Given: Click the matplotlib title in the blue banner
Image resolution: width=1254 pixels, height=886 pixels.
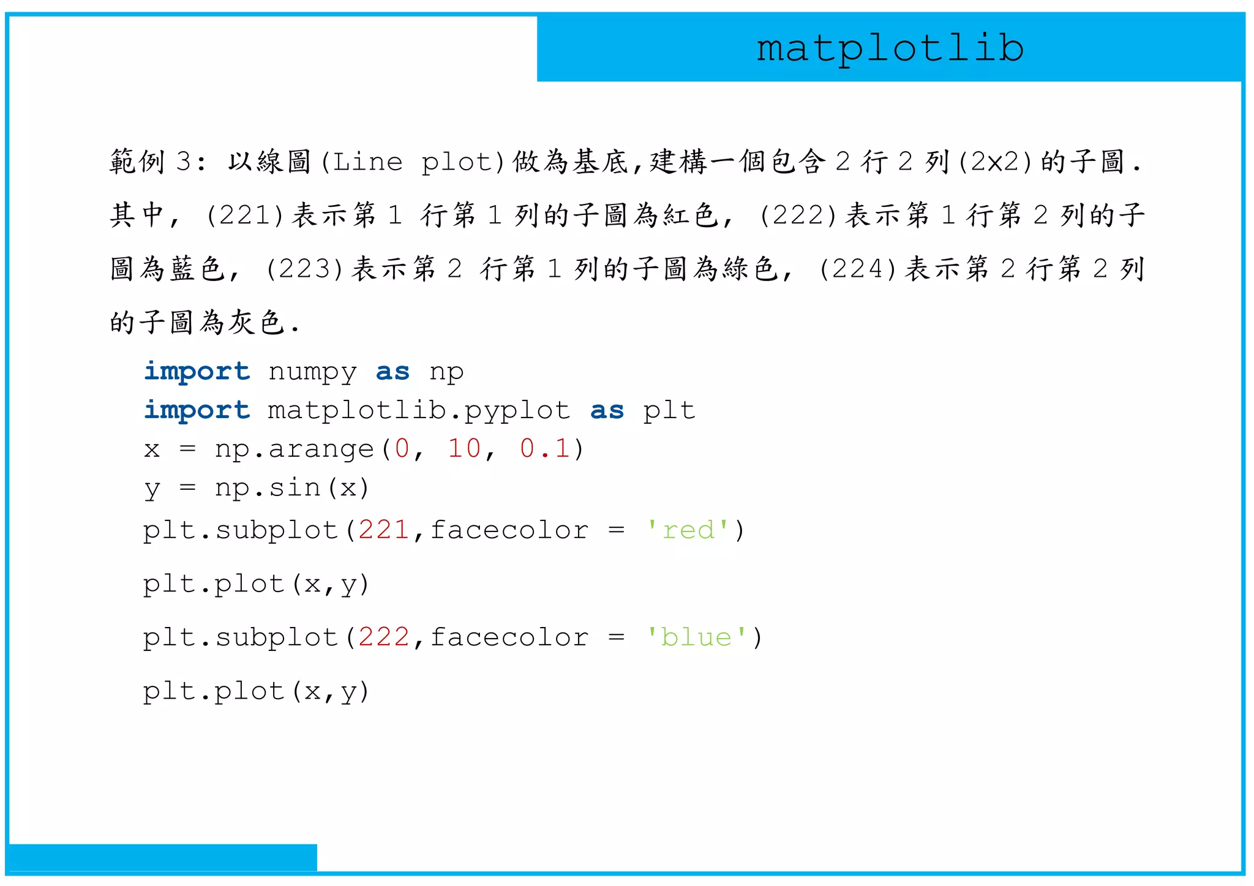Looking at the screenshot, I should tap(890, 49).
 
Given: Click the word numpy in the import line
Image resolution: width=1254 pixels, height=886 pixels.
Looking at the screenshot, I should tap(312, 372).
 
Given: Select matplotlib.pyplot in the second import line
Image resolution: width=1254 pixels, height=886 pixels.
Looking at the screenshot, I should tap(419, 411).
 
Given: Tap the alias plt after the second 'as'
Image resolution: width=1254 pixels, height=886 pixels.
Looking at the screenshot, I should tap(669, 411).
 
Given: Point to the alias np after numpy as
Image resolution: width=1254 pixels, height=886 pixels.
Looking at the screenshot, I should tap(446, 372).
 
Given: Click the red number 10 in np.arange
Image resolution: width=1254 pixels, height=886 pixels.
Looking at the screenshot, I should tap(464, 449).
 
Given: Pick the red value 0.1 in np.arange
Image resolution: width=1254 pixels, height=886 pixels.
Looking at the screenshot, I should tap(544, 449).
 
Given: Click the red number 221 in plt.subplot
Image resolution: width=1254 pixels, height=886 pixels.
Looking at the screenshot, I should tap(384, 530).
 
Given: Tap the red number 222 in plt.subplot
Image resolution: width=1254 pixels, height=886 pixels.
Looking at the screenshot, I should tap(384, 637).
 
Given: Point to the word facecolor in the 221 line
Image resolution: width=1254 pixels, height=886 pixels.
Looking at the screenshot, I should tap(509, 530).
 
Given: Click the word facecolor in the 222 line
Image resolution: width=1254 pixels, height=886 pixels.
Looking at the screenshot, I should tap(509, 637).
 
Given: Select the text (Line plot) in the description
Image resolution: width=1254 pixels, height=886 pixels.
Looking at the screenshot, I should tap(413, 162).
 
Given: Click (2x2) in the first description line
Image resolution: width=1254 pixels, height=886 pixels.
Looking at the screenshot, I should tap(995, 162).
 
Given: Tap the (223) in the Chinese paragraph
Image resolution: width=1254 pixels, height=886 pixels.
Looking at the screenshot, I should tap(304, 269).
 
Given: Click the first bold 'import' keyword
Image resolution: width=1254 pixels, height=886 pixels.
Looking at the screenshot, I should tap(197, 372).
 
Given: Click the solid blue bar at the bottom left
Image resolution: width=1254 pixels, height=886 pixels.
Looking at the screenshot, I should tap(163, 857).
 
